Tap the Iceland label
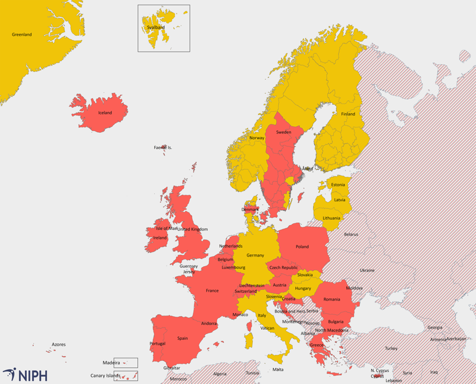click(x=105, y=113)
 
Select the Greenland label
click(x=22, y=35)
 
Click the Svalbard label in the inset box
click(x=156, y=27)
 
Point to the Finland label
click(x=348, y=114)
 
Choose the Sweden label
click(x=284, y=132)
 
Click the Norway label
click(x=256, y=138)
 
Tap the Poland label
click(x=302, y=246)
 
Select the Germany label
click(x=255, y=255)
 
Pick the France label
click(x=212, y=291)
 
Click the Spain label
click(x=182, y=338)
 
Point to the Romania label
click(x=332, y=299)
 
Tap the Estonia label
click(x=338, y=185)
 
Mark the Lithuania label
click(x=331, y=218)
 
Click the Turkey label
click(x=391, y=348)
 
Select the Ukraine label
click(x=367, y=270)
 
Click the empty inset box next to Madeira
click(x=126, y=363)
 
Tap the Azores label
click(x=58, y=345)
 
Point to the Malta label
click(x=278, y=370)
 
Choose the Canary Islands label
click(x=105, y=376)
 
